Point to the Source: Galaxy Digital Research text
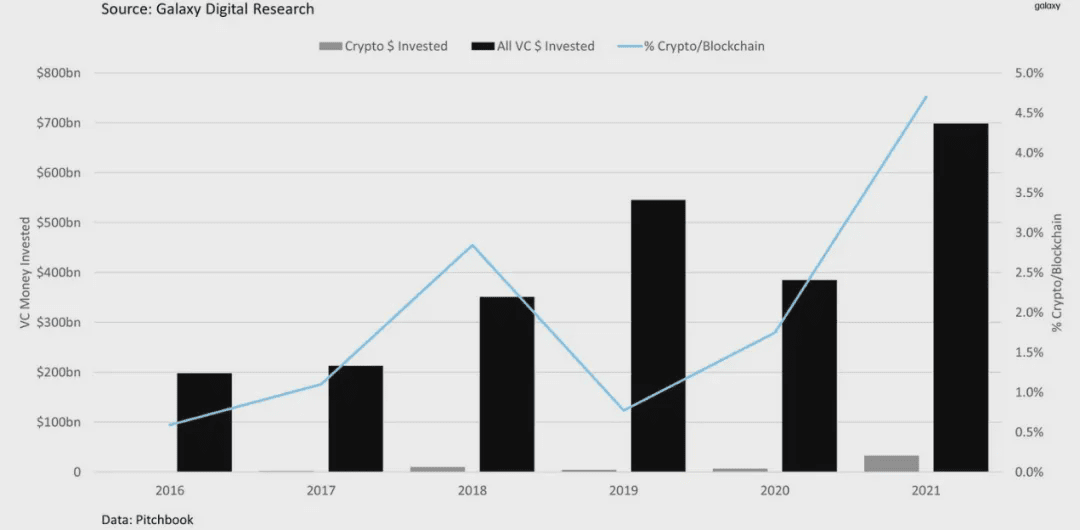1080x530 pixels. tap(207, 9)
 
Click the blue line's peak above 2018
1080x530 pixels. tap(472, 245)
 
